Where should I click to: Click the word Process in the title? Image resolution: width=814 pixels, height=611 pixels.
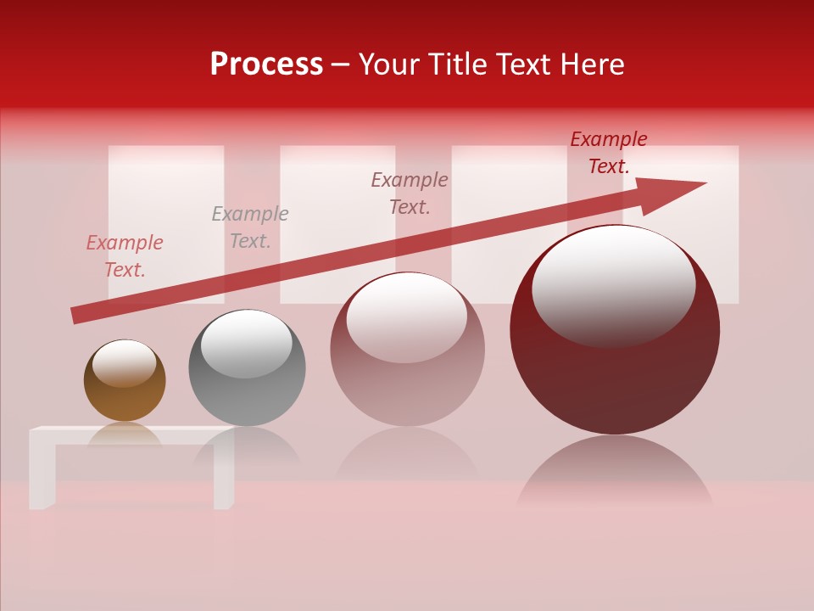click(266, 64)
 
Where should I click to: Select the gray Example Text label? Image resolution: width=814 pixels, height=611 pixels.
click(250, 227)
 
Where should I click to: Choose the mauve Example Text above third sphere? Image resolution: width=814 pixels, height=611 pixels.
click(410, 193)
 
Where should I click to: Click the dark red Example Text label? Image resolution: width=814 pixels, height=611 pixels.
click(609, 153)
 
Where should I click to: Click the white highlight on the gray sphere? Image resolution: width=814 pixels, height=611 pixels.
click(246, 343)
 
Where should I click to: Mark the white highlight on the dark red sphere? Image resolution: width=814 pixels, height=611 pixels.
click(613, 284)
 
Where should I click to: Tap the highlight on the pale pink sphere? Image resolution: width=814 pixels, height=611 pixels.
click(407, 317)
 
